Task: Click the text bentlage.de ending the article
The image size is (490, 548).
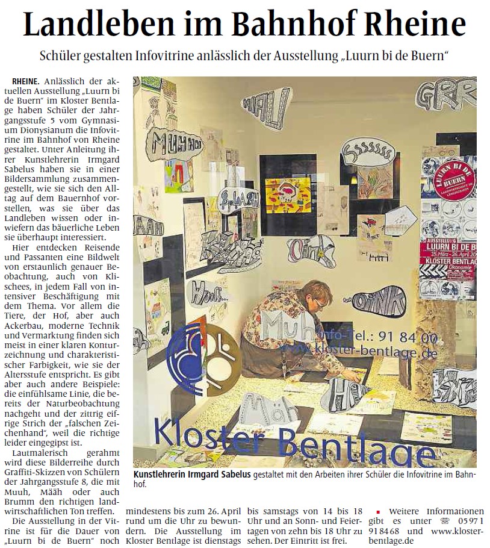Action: coord(395,541)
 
